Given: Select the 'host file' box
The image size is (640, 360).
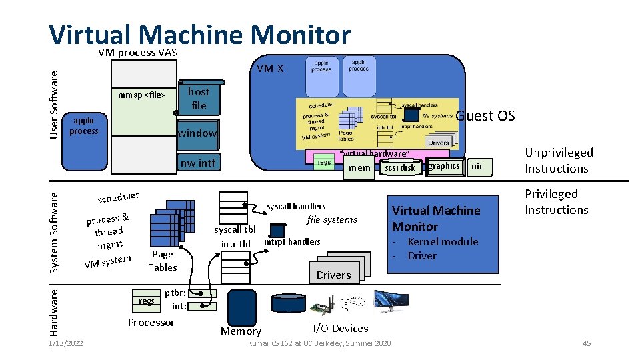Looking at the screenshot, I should pos(198,99).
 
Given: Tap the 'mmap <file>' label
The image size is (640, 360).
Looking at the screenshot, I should pos(141,95).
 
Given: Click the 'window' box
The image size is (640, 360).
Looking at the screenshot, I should pos(197,133).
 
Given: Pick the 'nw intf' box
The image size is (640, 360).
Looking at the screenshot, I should pos(198,163).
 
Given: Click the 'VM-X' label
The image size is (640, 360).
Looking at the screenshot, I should pos(270,68).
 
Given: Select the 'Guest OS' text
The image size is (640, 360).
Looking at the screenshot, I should pos(485,116).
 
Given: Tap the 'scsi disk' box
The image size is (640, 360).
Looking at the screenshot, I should pos(400,167).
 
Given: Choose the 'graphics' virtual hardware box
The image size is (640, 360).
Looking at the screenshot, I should pos(444,166).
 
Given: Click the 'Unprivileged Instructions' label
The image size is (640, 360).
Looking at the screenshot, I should pos(559,161).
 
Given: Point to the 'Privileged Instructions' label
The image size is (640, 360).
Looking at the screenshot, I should pos(557,202).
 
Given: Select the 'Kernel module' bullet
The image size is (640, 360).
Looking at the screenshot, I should pos(443,242).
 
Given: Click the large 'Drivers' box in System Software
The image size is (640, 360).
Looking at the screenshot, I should pos(333,275).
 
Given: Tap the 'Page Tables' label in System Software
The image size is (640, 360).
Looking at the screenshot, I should pos(163,261).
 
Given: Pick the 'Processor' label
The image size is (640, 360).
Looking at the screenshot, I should pos(151,323).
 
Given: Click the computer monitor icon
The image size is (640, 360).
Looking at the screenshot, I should pos(391,303).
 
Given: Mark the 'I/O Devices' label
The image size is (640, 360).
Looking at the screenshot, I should pos(340,328).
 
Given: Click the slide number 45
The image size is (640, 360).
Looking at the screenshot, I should pos(587,343).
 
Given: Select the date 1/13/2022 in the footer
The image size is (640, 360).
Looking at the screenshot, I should pos(65,343).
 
